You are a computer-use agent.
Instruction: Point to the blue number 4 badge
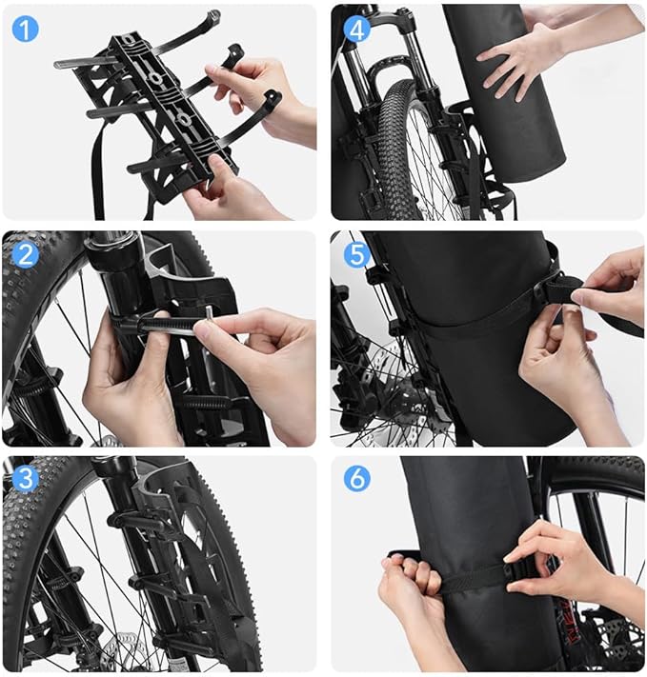coord(356,29)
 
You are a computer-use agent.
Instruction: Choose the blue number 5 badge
coord(356,255)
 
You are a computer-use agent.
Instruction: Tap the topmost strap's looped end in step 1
coord(212,17)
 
